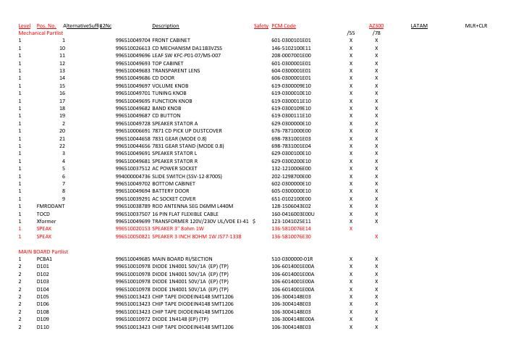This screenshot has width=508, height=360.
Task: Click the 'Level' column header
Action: [25, 26]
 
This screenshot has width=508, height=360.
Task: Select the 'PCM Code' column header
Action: [284, 26]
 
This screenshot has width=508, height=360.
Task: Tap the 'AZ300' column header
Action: [376, 26]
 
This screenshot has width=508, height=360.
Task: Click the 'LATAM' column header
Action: [419, 26]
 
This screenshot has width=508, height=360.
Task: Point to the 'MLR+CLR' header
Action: [476, 26]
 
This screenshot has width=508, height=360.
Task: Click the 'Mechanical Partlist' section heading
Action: [41, 33]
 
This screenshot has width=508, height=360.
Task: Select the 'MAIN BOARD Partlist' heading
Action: [43, 251]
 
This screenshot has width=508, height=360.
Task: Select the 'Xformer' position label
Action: [46, 222]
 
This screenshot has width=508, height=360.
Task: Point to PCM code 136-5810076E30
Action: [292, 237]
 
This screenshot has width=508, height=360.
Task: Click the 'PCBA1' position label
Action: [44, 259]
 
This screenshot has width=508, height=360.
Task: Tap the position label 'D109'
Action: [43, 319]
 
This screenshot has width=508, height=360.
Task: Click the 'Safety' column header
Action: [261, 26]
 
